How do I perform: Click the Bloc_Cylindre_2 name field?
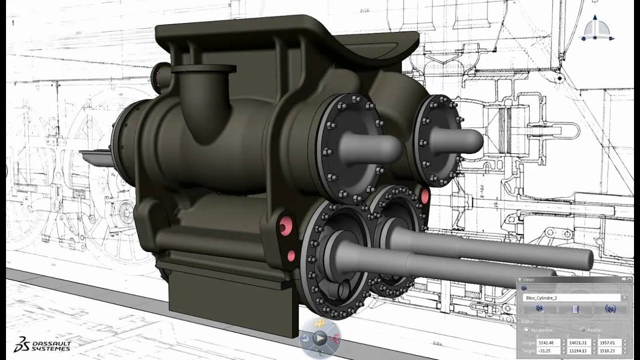click(x=570, y=297)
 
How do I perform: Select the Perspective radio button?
click(x=526, y=330)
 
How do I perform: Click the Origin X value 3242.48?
click(x=548, y=342)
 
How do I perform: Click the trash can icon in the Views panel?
click(x=575, y=310)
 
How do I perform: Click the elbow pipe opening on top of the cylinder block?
click(x=203, y=69)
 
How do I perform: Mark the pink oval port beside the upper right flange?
click(x=425, y=196)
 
